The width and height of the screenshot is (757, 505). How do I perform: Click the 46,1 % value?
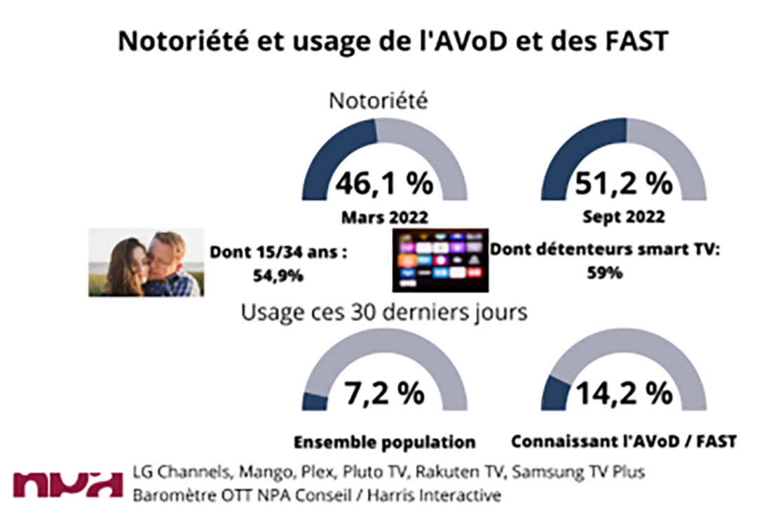coord(383,184)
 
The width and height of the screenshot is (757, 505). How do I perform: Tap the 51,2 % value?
coord(624,184)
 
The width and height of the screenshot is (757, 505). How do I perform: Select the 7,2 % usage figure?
coord(383,394)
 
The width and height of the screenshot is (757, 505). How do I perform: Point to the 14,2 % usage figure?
coord(624,394)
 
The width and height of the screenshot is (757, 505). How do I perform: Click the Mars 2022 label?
coord(383,218)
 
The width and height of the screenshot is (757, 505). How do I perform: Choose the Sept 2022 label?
coord(624,218)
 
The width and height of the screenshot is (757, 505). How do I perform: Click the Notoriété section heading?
coord(378,102)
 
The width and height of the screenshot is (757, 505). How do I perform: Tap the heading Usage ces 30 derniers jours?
coord(384,312)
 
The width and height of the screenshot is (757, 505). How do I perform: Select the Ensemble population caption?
coord(384,443)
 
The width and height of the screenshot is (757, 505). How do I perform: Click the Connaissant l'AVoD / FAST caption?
coord(624,443)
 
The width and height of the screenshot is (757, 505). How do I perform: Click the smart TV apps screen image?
coord(439,260)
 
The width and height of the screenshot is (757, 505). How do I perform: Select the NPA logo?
coord(67,483)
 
